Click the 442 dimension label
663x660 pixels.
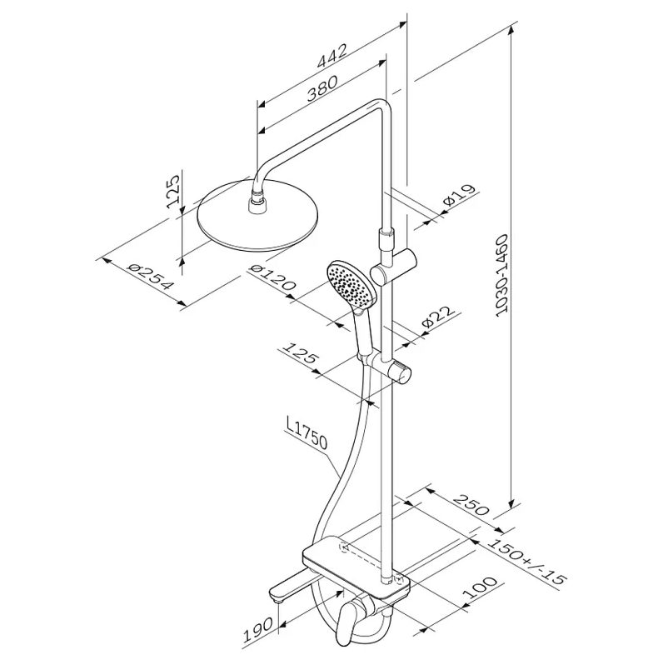332,56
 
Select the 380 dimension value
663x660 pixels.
322,89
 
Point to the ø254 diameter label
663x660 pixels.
151,277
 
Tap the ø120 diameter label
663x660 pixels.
272,277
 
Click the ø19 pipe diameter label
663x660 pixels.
459,196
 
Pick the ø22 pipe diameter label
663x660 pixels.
438,317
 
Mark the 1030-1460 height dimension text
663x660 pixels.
502,275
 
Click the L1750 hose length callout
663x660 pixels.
307,433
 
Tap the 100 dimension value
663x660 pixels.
481,587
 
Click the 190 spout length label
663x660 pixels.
257,630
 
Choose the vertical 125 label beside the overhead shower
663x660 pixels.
173,191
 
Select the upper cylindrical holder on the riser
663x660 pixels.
392,266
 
